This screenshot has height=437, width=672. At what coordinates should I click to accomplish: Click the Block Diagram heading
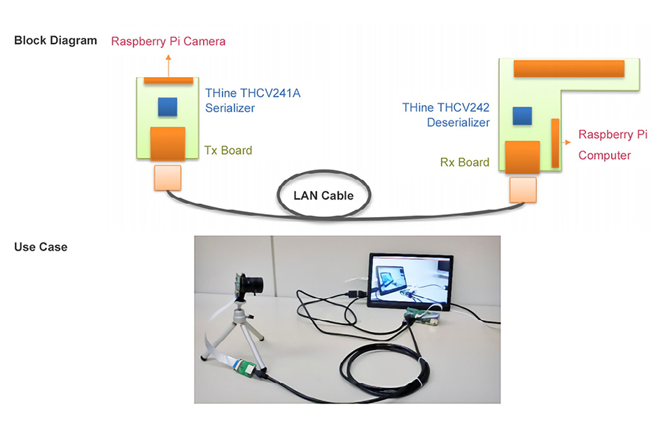tap(55, 41)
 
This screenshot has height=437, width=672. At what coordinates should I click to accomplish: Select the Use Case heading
tap(41, 247)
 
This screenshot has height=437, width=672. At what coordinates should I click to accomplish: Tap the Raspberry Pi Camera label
tap(168, 41)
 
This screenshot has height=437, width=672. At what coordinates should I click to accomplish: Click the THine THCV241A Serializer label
tap(252, 100)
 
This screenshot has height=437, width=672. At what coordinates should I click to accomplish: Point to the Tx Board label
tap(227, 151)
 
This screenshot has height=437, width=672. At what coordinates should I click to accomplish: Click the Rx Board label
tap(464, 162)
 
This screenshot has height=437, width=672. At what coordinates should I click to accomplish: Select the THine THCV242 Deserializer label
tap(445, 115)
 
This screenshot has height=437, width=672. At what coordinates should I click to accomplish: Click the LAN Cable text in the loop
tap(323, 195)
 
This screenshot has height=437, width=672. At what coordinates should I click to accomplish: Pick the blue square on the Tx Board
tap(167, 107)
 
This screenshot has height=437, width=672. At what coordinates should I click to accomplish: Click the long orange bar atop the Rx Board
tap(568, 69)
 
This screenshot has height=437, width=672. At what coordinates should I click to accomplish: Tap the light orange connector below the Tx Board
tap(167, 178)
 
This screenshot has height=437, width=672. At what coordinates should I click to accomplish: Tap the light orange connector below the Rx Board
tap(522, 188)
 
